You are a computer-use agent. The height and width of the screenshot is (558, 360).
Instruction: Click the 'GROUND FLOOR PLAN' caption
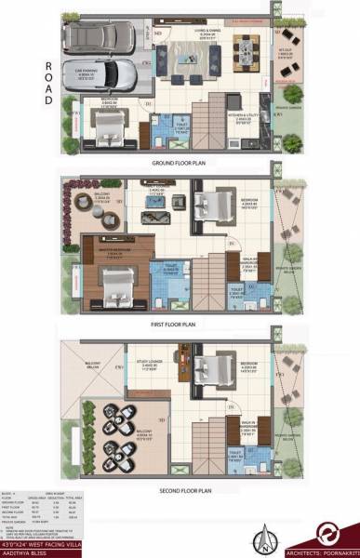[180, 162]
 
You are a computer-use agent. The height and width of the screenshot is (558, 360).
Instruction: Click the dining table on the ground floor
[247, 48]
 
